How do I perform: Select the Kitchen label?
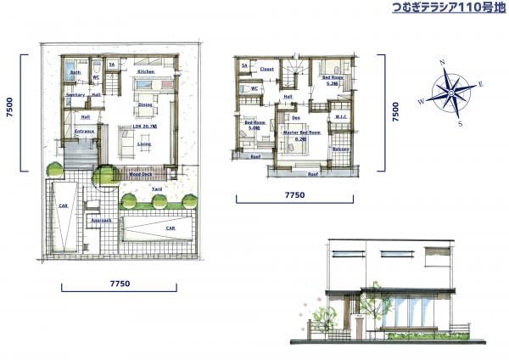coord(145,73)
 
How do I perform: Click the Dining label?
coord(145,104)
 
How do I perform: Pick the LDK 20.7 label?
coord(144,127)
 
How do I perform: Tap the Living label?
coord(144,144)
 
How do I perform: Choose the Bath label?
coord(76,73)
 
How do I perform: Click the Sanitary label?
coord(76,95)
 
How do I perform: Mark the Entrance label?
coord(84,132)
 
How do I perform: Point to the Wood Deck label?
coord(141,173)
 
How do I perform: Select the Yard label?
coord(157,188)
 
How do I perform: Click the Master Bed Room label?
coord(301,133)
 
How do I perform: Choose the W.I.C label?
coord(341,117)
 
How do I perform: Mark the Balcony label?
coord(340,149)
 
